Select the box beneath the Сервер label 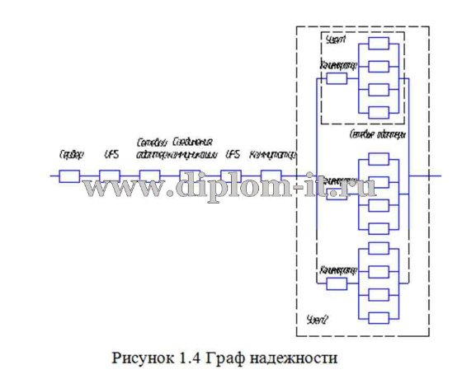coord(69,175)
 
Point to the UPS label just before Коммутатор coord(233,154)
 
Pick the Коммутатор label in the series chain coord(271,154)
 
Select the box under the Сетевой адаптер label coord(150,175)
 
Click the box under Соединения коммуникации coord(191,175)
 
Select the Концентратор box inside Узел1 coord(337,79)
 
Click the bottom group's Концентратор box coord(337,283)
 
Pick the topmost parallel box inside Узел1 coord(379,44)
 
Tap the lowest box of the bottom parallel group coord(379,312)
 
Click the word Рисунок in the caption coord(142,359)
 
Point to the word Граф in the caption coord(226,359)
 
